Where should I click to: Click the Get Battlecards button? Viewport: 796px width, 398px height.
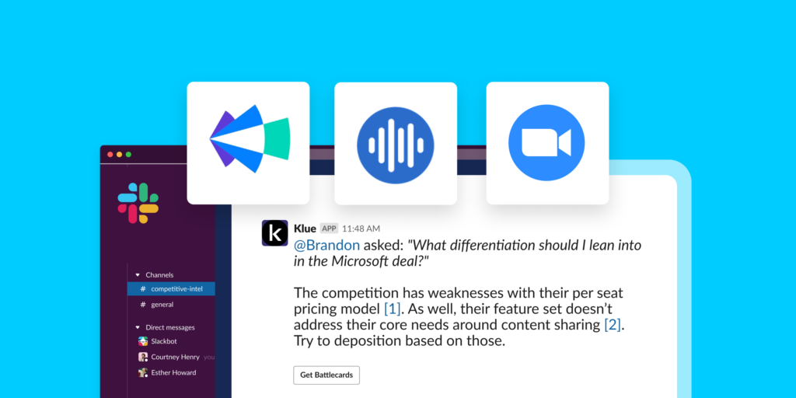tap(326, 375)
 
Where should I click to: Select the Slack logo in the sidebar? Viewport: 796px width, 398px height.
tap(138, 203)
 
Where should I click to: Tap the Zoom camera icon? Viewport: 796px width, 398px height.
tap(546, 143)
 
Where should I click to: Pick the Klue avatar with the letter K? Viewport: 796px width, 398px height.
tap(274, 233)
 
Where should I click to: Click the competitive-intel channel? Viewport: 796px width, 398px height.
tap(171, 289)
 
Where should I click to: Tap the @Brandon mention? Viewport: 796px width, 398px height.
tap(327, 245)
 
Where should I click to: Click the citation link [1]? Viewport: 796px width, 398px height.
tap(393, 308)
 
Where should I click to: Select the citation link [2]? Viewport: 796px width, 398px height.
tap(613, 324)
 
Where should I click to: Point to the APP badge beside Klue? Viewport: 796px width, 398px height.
tap(329, 229)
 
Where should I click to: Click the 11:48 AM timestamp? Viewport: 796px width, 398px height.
tap(361, 229)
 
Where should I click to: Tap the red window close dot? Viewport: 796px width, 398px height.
tap(110, 155)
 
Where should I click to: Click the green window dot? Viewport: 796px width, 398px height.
tap(128, 155)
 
